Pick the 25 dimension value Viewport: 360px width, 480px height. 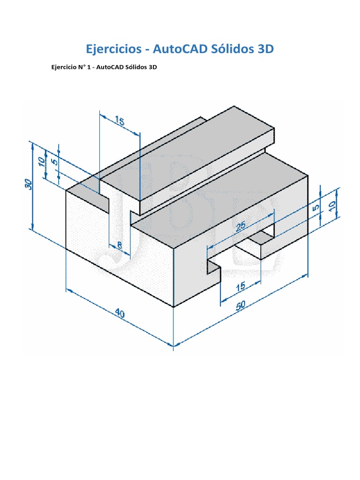tap(241, 227)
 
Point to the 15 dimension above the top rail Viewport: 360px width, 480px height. tap(119, 122)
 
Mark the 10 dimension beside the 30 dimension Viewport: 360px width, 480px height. tap(42, 162)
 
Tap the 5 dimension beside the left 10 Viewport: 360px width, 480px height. tap(54, 162)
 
